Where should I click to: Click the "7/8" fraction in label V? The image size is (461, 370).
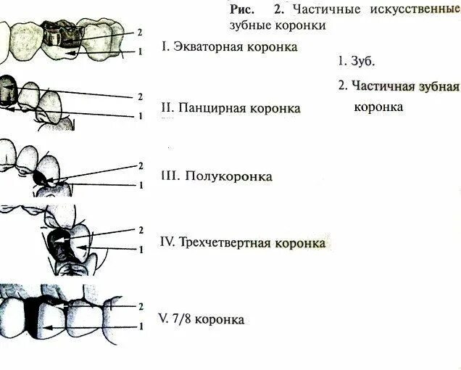(181, 320)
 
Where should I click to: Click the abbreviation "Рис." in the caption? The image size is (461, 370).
(242, 9)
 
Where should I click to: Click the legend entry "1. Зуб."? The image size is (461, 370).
(356, 61)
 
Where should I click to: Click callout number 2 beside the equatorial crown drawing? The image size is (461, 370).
(138, 33)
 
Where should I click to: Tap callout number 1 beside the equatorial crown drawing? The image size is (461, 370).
(138, 52)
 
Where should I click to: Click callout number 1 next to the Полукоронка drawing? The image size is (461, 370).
(138, 185)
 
